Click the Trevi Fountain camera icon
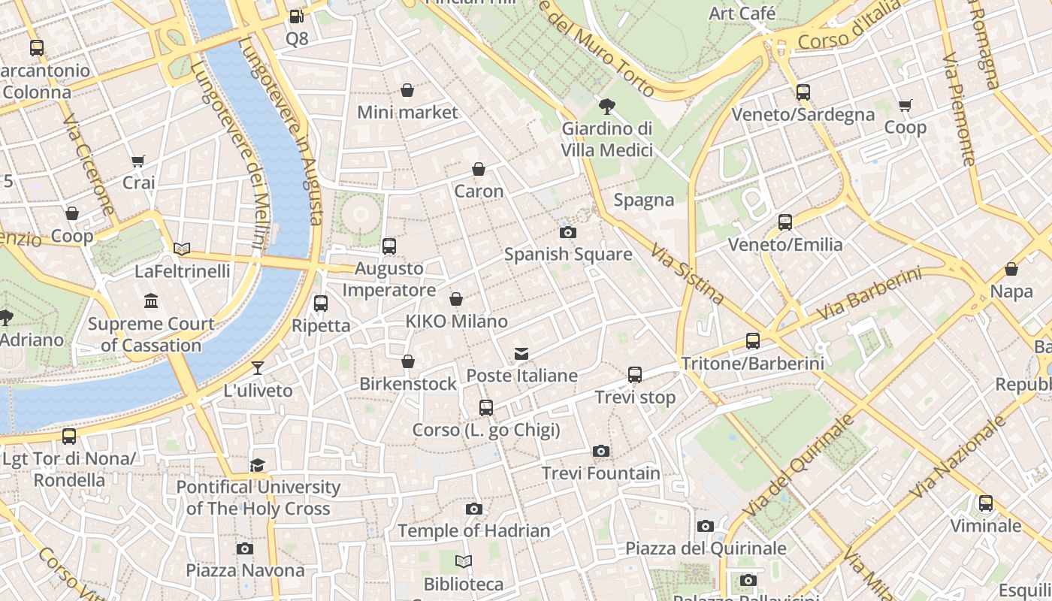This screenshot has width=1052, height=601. pos(600,452)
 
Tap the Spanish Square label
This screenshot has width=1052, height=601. pos(568,254)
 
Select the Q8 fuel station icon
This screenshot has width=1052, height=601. pos(297,16)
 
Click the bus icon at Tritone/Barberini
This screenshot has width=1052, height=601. pos(752,341)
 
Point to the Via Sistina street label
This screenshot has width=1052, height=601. pos(688,274)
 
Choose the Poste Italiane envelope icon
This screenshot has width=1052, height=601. pos(521,353)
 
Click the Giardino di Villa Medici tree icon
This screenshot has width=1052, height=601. pos(606,107)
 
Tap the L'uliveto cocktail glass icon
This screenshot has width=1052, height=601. pos(258,368)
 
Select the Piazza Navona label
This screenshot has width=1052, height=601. pos(245,570)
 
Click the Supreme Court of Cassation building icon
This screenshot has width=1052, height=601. pos(151,301)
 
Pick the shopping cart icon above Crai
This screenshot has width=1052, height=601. pos(138,161)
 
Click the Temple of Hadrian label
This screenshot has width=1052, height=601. pos(473,530)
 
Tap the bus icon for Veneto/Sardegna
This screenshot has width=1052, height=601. pos(803,92)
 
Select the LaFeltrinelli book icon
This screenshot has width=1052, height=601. pos(182,249)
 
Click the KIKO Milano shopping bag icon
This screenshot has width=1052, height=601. pos(456,300)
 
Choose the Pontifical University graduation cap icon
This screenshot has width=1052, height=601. pos(258,465)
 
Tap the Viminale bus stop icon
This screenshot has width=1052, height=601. pos(985,503)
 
